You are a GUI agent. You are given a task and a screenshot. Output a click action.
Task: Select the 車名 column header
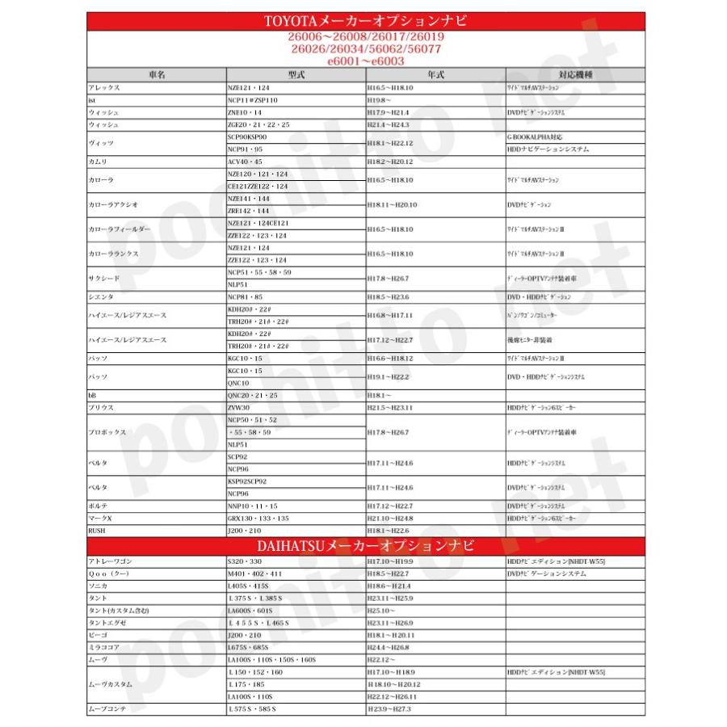click(157, 74)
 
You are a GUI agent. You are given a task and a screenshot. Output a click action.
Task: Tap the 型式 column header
click(295, 74)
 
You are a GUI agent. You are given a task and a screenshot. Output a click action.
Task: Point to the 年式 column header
click(435, 74)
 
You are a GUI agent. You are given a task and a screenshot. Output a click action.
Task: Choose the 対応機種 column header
click(574, 74)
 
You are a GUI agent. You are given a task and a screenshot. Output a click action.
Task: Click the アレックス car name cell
click(104, 87)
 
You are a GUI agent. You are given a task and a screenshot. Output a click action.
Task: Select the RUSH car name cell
click(96, 531)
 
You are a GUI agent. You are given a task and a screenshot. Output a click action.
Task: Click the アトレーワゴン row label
click(109, 561)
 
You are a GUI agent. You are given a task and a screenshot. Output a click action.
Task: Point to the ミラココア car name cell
click(104, 648)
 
